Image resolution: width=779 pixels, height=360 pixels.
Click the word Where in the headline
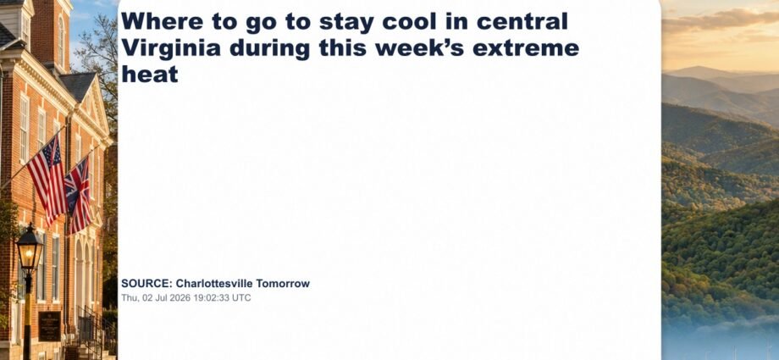pyautogui.click(x=156, y=22)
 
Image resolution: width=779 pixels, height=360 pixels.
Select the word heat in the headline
pyautogui.click(x=150, y=74)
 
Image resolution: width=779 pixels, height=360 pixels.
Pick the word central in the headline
pyautogui.click(x=522, y=22)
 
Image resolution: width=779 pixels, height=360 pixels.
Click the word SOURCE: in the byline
pyautogui.click(x=146, y=284)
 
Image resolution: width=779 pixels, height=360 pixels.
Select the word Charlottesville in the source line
pyautogui.click(x=214, y=284)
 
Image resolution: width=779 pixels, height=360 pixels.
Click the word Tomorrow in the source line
pyautogui.click(x=282, y=284)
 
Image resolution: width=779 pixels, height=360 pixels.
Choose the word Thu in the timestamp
pyautogui.click(x=128, y=298)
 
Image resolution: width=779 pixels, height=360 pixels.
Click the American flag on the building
pyautogui.click(x=47, y=179)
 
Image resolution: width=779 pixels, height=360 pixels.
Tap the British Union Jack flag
pyautogui.click(x=79, y=196)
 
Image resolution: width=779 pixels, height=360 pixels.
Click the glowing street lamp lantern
pyautogui.click(x=30, y=249)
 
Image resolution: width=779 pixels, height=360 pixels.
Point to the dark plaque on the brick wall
pyautogui.click(x=50, y=325)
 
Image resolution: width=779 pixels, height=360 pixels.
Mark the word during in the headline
pyautogui.click(x=268, y=48)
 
